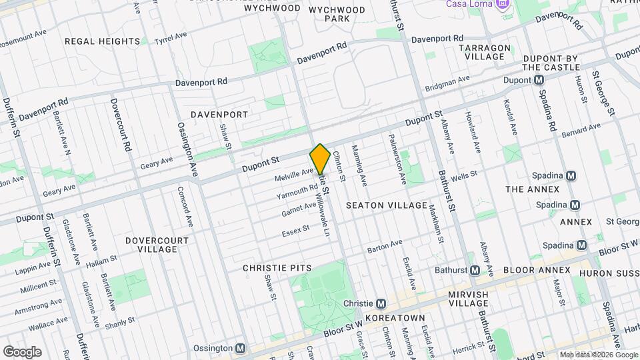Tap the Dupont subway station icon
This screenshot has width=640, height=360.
point(539,80)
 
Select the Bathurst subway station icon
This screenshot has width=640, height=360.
point(475,270)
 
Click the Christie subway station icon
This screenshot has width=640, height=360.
point(380,302)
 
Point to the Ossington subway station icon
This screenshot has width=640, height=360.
point(241,348)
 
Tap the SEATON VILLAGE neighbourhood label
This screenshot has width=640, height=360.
point(386,205)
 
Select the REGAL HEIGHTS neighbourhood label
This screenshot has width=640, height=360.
point(102,41)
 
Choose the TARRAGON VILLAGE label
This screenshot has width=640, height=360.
point(488,52)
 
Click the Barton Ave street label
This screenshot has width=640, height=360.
point(385,247)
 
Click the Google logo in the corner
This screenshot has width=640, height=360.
point(22,351)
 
